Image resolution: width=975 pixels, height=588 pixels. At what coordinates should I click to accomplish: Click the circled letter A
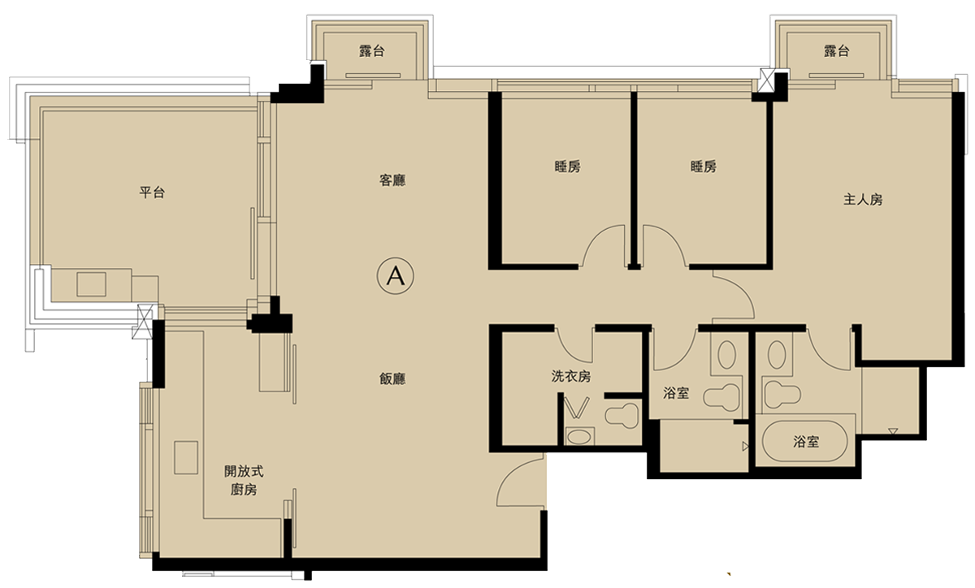click(395, 276)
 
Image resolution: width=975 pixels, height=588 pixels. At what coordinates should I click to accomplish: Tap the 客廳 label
click(392, 180)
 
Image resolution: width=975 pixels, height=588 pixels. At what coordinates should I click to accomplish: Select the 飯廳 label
click(392, 378)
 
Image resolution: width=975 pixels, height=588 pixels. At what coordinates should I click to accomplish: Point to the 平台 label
click(152, 192)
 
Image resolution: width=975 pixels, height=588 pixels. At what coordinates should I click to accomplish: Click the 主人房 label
click(863, 200)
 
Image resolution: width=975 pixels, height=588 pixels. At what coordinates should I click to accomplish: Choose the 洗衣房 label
click(571, 376)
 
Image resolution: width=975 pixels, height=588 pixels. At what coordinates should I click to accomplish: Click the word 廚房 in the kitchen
click(244, 490)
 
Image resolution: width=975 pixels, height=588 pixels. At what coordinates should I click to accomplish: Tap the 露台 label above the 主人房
click(836, 51)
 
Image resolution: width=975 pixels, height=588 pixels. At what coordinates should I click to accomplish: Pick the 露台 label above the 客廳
click(372, 51)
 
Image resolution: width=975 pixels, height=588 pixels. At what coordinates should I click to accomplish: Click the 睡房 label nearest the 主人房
click(704, 166)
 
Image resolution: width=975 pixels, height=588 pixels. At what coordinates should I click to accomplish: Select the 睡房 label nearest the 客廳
click(568, 166)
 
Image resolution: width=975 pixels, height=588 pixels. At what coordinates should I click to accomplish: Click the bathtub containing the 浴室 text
click(805, 441)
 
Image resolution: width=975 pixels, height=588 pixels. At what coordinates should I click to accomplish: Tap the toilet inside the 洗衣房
click(622, 415)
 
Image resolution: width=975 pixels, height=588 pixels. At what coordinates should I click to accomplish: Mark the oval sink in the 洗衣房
click(579, 437)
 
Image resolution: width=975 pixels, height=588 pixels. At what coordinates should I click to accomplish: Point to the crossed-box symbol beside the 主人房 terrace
click(766, 80)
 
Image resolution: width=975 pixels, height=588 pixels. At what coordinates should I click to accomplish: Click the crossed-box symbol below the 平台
click(145, 321)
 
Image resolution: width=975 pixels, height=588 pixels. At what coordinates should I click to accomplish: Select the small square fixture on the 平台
click(91, 284)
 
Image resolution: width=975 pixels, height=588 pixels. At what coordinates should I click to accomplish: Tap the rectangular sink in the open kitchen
click(186, 457)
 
